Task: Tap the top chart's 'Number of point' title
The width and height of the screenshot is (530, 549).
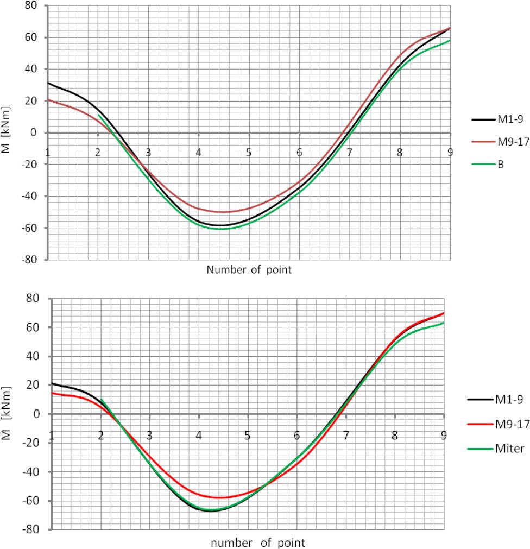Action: (x=249, y=270)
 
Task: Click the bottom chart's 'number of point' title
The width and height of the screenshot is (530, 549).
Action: (x=257, y=542)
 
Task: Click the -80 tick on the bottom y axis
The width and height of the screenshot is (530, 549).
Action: (x=34, y=529)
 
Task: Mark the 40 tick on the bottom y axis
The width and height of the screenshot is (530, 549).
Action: (x=36, y=356)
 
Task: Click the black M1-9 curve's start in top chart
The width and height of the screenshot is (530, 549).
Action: (x=48, y=83)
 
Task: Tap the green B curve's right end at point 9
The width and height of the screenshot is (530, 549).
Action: (x=450, y=40)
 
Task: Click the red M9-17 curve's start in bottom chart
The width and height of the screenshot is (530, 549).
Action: (x=52, y=393)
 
